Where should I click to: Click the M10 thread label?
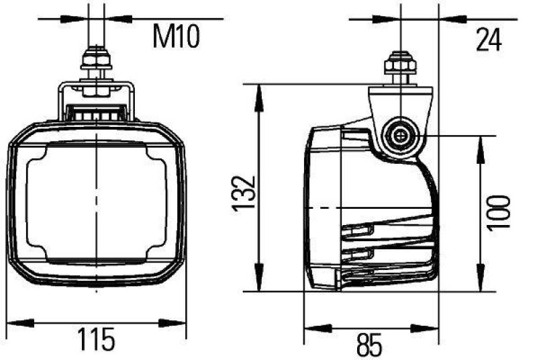176,38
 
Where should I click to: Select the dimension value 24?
489,40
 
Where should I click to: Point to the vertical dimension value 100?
499,214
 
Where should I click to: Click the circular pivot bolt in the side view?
400,136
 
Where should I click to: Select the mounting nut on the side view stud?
400,66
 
